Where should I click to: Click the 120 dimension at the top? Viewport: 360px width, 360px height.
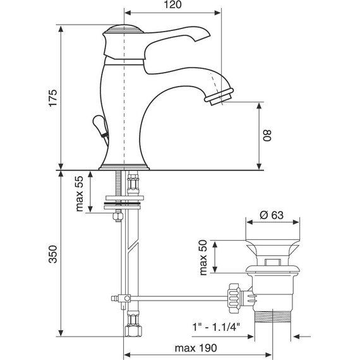pyautogui.click(x=172, y=6)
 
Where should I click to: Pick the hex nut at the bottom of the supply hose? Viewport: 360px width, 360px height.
pyautogui.click(x=133, y=332)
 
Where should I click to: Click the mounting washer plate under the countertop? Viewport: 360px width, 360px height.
pyautogui.click(x=124, y=203)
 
